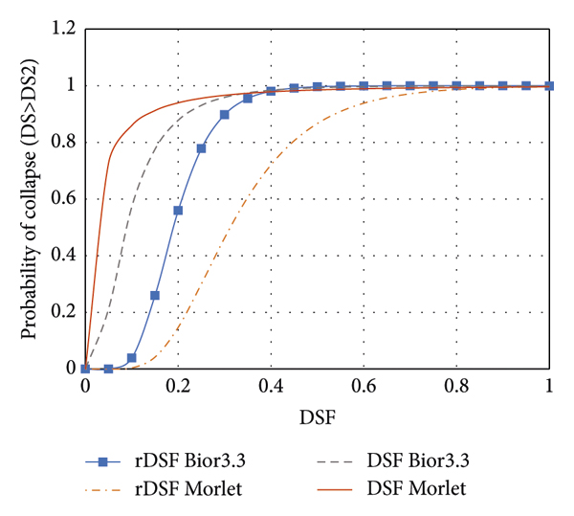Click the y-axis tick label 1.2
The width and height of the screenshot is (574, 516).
[64, 29]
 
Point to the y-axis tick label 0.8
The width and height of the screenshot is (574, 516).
[64, 142]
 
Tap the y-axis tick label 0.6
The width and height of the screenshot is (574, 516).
[64, 198]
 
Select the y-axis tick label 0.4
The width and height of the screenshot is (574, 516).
[64, 255]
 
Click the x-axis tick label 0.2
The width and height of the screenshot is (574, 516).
[178, 387]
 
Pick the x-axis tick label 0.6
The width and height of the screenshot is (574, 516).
[364, 387]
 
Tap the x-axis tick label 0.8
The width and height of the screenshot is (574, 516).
[457, 387]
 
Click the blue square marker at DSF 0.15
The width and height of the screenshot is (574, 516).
[155, 295]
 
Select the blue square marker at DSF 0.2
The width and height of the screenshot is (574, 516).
[178, 211]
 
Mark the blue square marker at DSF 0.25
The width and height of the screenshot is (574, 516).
[201, 148]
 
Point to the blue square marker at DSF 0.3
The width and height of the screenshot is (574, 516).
[225, 115]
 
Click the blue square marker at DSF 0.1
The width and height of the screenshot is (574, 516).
[132, 358]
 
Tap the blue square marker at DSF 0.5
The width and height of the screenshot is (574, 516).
[318, 87]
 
